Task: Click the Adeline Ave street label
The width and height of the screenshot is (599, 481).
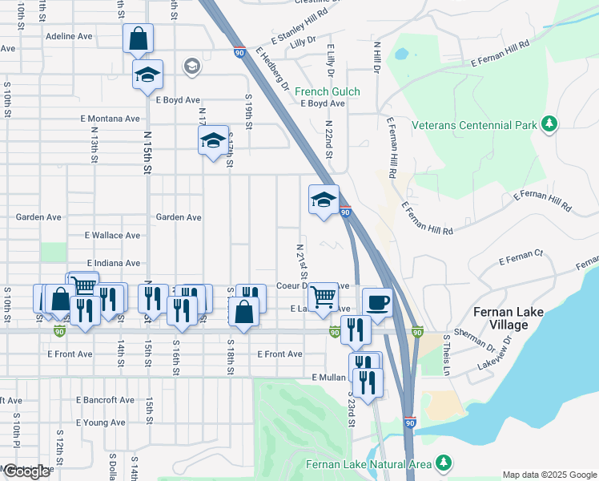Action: pos(69,36)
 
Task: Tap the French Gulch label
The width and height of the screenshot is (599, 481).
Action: pos(327,91)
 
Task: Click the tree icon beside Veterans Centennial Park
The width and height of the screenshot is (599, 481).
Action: pos(549,123)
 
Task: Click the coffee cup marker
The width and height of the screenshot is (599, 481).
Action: pos(378,303)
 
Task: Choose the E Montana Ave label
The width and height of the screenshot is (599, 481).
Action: pos(110,119)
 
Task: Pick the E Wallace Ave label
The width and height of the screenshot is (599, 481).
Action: pos(112,236)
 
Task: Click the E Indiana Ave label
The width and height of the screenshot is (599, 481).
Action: pos(112,263)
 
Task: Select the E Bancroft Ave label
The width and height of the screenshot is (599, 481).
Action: pos(105,400)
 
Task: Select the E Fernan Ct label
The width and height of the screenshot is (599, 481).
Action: pos(521,257)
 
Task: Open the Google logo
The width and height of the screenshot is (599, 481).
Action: pos(26,471)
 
